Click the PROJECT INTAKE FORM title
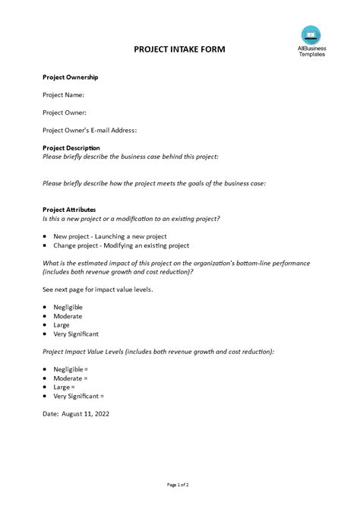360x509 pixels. coord(179,49)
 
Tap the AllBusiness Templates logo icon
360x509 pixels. coord(310,33)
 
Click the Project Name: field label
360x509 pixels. coord(63,95)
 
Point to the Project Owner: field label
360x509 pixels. coord(65,112)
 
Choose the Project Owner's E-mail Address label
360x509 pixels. coord(90,130)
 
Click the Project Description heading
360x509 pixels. coord(71,147)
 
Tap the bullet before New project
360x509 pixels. coord(46,236)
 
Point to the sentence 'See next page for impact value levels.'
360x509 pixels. coord(99,289)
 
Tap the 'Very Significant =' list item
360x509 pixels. coord(79,396)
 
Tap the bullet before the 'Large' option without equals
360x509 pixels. coord(46,324)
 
